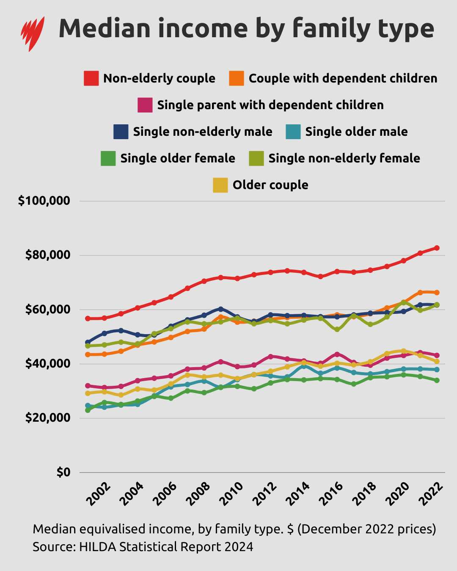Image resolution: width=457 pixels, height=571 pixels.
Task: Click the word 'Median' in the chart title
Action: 104,29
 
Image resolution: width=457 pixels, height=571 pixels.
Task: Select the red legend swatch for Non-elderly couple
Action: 91,78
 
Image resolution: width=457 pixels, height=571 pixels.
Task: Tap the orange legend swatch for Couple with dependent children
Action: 237,78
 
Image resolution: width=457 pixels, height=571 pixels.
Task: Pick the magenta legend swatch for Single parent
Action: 145,105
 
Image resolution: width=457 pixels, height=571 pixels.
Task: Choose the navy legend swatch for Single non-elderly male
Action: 121,132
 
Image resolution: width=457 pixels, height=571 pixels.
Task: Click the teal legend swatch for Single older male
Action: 293,132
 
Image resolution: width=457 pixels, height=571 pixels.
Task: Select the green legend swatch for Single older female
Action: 108,158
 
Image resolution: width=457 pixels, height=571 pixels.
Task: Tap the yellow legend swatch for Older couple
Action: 220,185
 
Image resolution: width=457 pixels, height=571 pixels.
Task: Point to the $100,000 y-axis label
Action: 44,201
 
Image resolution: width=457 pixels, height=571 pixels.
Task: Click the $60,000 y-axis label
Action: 47,310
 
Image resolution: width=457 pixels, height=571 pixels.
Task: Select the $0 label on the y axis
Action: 63,472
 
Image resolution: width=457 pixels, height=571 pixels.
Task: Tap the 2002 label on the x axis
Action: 98,494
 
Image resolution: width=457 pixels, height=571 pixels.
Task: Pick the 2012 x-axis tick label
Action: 265,494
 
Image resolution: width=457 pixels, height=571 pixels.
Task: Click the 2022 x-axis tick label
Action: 431,494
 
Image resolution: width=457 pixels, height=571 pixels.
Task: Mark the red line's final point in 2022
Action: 437,248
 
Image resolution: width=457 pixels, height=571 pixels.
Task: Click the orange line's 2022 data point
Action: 437,292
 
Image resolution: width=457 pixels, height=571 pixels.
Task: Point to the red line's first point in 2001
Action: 88,318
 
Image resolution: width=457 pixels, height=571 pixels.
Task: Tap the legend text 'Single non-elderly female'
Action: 344,158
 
